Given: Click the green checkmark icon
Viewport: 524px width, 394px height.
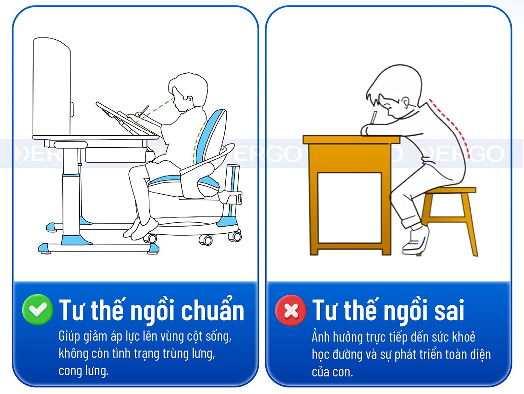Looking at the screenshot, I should [x=38, y=310].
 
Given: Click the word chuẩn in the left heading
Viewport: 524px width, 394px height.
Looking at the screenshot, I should [x=213, y=311].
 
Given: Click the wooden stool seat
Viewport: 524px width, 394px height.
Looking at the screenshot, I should [x=449, y=191].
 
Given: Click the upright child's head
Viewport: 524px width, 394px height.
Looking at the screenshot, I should [x=187, y=90].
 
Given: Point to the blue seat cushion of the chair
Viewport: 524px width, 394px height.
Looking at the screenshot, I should [x=172, y=180].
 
